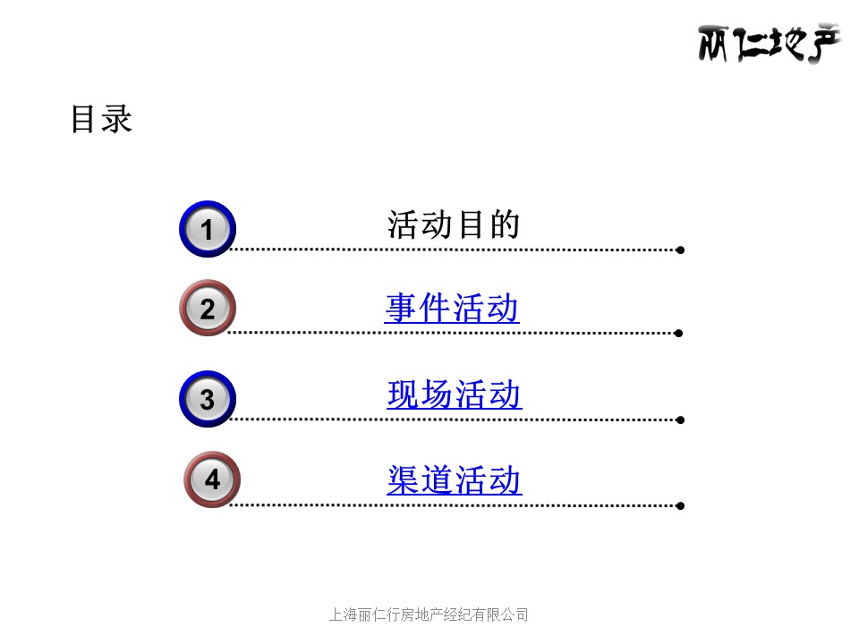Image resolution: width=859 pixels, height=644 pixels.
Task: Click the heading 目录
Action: (x=102, y=119)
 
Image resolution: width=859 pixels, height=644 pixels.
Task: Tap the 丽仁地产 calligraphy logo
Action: (x=769, y=43)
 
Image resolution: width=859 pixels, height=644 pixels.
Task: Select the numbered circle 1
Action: (x=207, y=229)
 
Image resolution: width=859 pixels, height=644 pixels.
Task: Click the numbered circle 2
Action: (x=207, y=308)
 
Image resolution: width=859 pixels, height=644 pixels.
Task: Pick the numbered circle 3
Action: (x=207, y=399)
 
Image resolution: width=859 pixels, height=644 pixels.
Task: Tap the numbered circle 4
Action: (x=212, y=479)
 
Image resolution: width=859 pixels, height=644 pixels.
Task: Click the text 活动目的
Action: (x=454, y=225)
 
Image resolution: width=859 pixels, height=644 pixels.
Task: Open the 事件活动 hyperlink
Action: (x=452, y=308)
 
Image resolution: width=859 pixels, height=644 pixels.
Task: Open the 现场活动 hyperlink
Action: (x=455, y=394)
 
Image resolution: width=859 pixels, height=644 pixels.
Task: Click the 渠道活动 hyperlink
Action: (x=455, y=479)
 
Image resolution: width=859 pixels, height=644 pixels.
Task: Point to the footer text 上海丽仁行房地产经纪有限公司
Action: (x=429, y=615)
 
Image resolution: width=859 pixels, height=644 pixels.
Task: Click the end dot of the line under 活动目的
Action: (x=680, y=250)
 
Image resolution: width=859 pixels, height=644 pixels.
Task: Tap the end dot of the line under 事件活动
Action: (x=679, y=333)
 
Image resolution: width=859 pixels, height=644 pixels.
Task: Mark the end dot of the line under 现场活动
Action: (x=680, y=420)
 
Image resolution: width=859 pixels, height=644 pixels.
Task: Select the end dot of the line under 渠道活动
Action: (x=680, y=506)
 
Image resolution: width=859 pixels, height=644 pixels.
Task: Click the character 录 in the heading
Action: (x=117, y=119)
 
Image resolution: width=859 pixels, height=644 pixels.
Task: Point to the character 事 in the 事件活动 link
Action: (x=401, y=308)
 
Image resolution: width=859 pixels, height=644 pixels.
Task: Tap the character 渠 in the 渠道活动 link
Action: (x=404, y=479)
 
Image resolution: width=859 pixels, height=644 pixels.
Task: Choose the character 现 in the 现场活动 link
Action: (x=404, y=394)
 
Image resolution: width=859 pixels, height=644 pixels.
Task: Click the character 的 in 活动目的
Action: (x=505, y=225)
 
